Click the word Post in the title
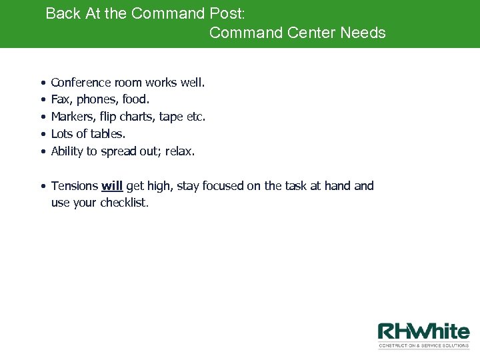(227, 13)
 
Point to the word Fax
(61, 100)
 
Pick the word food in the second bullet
(135, 100)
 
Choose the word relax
(179, 151)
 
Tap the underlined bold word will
(112, 186)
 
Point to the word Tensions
(74, 186)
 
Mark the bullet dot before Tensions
(42, 187)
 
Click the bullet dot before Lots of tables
(42, 135)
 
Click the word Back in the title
(63, 13)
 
